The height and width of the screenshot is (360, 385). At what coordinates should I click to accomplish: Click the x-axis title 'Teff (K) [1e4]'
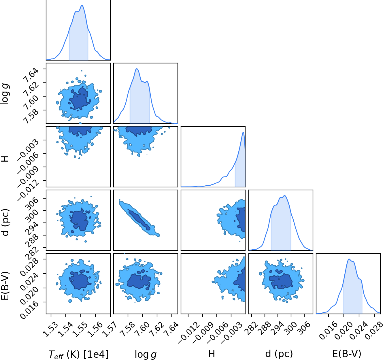pyautogui.click(x=78, y=354)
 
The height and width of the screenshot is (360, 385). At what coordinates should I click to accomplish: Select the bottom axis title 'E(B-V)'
pyautogui.click(x=347, y=354)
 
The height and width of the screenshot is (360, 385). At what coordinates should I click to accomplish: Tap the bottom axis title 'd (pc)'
pyautogui.click(x=279, y=354)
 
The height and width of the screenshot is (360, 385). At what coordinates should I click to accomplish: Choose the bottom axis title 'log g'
pyautogui.click(x=146, y=355)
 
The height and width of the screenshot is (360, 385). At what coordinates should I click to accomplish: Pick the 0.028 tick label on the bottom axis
pyautogui.click(x=374, y=331)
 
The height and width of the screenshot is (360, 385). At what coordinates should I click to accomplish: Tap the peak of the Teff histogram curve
pyautogui.click(x=82, y=5)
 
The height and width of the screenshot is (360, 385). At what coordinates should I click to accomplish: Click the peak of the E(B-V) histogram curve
pyautogui.click(x=349, y=259)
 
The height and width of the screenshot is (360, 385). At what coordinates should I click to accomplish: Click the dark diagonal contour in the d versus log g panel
pyautogui.click(x=139, y=220)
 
